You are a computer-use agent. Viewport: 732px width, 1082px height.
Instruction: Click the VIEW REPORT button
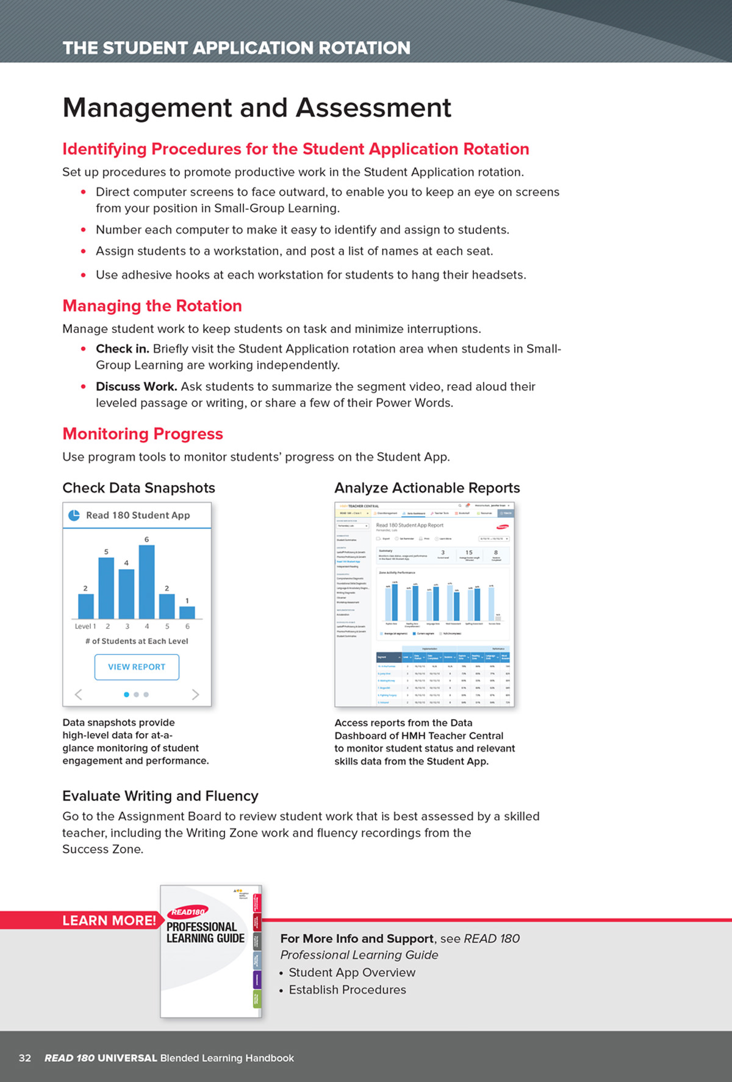(137, 667)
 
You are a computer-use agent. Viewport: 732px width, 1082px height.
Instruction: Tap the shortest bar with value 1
(187, 612)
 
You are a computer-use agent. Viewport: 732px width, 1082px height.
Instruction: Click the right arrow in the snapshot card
(195, 694)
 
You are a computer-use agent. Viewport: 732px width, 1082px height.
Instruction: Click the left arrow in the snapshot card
(78, 694)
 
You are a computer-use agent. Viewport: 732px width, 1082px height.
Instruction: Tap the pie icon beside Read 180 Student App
(74, 515)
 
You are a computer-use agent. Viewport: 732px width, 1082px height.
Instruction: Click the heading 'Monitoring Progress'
(143, 434)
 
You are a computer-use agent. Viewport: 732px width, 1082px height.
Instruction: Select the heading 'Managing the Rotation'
(152, 306)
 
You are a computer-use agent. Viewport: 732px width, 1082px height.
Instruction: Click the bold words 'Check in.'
(122, 349)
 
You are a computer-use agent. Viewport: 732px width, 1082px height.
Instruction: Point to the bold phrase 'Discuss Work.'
(136, 387)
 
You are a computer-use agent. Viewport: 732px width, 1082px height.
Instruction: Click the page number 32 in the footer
(25, 1058)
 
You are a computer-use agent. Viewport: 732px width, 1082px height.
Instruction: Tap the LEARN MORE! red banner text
(109, 920)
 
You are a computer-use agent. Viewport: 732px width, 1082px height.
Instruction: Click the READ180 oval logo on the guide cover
(188, 912)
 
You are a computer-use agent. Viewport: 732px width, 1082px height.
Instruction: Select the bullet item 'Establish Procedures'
(347, 989)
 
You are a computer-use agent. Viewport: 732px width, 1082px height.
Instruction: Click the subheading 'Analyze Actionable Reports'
(427, 488)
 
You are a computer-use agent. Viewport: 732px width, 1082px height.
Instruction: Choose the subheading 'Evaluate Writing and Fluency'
(160, 796)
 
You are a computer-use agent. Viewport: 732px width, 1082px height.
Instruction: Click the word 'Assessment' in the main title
(373, 108)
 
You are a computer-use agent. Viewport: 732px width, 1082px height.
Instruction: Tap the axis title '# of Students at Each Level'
(137, 641)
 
